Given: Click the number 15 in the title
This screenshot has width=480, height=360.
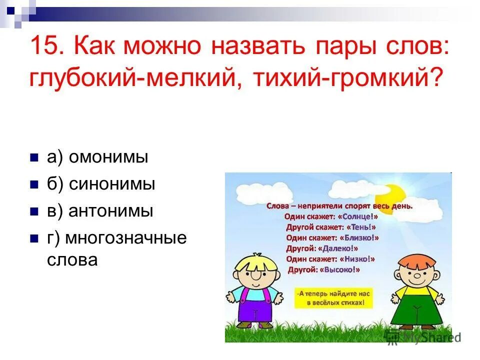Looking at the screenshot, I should (x=46, y=48).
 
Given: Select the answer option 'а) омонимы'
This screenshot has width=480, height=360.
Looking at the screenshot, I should (x=97, y=157).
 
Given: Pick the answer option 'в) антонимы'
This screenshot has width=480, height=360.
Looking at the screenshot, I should (x=100, y=211).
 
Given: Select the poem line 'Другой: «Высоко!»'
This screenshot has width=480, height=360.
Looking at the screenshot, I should (x=324, y=269).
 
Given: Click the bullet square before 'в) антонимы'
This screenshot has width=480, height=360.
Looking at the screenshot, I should (x=34, y=211).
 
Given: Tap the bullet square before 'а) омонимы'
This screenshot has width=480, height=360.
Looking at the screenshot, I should (x=34, y=158).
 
